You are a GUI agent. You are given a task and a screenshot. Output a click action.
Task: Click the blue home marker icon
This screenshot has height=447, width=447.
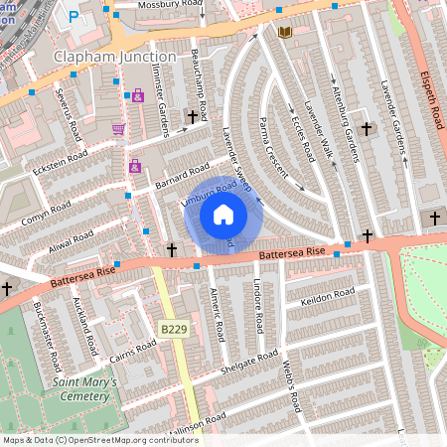click(x=223, y=215)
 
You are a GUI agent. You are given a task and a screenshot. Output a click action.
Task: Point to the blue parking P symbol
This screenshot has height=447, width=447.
click(x=74, y=18)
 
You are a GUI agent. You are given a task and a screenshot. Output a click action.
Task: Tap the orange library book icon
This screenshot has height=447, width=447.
click(x=285, y=33)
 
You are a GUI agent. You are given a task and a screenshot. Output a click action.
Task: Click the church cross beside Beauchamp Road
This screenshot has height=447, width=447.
click(x=193, y=117)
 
